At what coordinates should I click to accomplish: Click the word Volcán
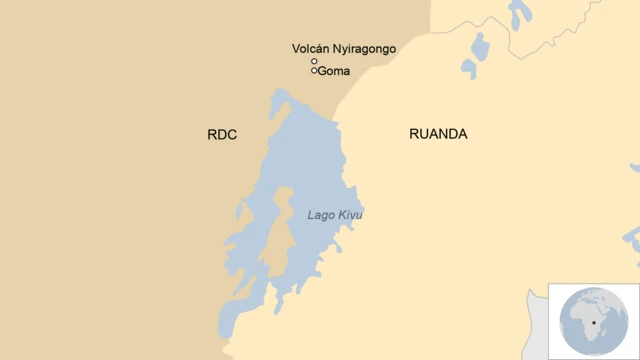(312, 48)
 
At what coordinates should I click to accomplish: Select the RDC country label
(222, 134)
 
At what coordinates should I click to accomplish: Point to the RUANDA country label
(438, 134)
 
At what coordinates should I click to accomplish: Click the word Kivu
(350, 215)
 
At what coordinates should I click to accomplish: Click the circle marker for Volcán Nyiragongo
(314, 61)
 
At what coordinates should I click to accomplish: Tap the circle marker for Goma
(314, 71)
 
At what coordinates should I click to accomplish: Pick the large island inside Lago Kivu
(277, 230)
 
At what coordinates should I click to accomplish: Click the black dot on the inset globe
(597, 323)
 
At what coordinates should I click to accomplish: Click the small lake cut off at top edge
(519, 13)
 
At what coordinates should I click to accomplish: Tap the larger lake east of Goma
(479, 50)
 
